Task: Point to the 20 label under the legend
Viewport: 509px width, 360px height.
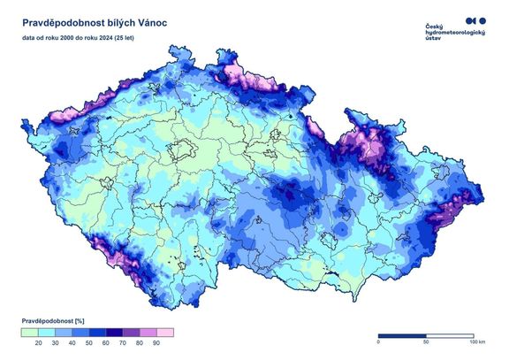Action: coord(39,341)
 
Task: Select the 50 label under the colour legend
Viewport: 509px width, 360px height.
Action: coord(89,341)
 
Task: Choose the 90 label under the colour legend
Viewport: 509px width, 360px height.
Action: coord(156,341)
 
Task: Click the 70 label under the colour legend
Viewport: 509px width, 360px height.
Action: coord(123,341)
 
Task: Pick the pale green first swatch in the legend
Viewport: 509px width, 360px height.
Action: coord(30,332)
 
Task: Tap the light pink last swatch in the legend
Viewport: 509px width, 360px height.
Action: coord(165,332)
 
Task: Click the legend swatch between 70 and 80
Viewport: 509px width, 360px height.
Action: coord(132,332)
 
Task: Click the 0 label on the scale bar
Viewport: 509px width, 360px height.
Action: coord(378,341)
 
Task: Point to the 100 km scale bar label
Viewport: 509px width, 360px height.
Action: coord(476,341)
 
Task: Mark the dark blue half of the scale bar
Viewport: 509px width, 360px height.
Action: coord(402,335)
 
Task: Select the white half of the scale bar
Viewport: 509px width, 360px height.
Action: coord(451,335)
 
